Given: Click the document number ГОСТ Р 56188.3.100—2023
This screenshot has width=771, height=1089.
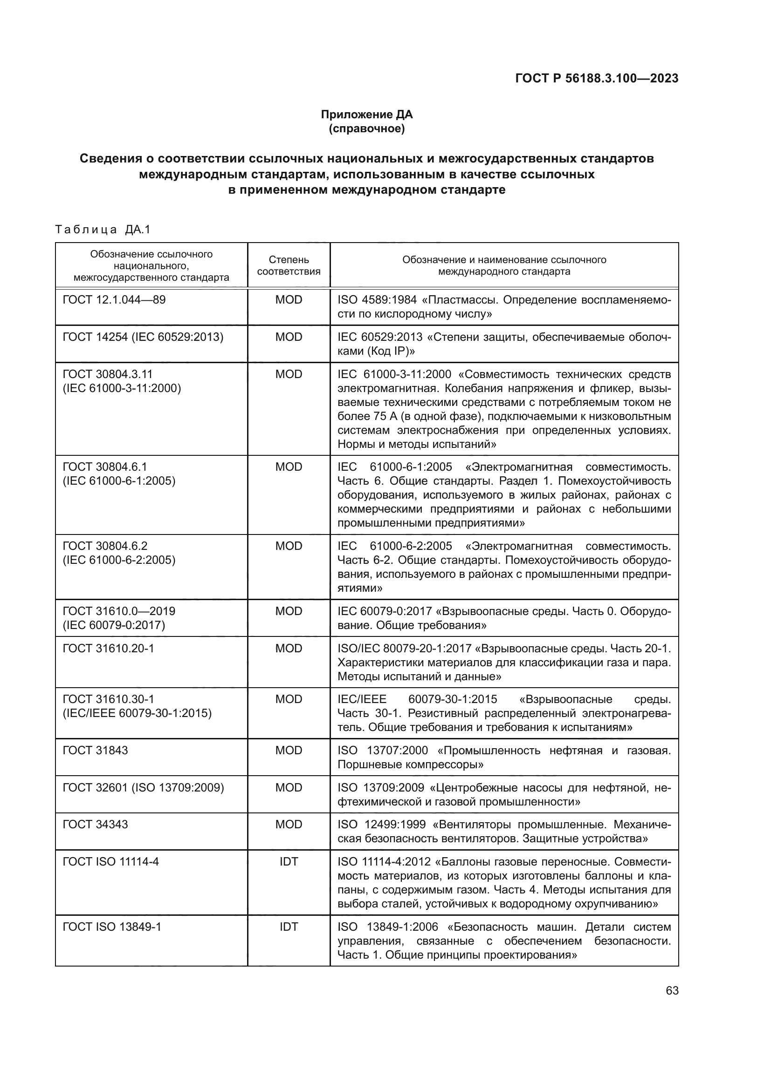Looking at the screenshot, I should point(596,79).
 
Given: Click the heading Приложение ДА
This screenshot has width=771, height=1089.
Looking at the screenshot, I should point(366,115).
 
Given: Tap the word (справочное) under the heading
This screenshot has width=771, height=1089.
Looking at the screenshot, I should point(366,129).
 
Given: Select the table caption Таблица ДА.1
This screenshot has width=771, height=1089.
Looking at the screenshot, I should point(103,230).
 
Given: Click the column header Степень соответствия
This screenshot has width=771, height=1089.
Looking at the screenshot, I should point(288,265).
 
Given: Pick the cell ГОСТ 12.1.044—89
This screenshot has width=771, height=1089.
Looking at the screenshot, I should point(114,300).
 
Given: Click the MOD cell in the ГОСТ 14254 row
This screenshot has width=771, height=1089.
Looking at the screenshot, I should point(288,337).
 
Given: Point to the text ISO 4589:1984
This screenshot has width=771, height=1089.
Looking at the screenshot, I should point(377,300).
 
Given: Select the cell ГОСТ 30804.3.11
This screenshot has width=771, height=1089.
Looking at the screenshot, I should point(108,374).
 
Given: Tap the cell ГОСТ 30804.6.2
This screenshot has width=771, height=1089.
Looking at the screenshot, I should point(105,546).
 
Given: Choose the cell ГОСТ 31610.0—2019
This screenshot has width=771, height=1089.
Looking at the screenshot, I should point(119,611).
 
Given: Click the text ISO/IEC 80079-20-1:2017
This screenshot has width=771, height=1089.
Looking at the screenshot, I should point(404,649).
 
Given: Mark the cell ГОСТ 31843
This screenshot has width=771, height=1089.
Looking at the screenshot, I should point(96,751).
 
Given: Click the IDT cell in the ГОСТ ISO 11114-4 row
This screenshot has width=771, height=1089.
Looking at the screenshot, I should point(288,862).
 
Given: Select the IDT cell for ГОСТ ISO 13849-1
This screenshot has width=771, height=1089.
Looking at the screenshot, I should point(288,927).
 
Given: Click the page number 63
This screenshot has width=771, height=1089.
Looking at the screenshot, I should point(672,991).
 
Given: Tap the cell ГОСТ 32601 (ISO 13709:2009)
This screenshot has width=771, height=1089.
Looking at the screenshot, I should point(143,788).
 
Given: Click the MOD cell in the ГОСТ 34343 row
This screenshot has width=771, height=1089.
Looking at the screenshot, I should point(288,825).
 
